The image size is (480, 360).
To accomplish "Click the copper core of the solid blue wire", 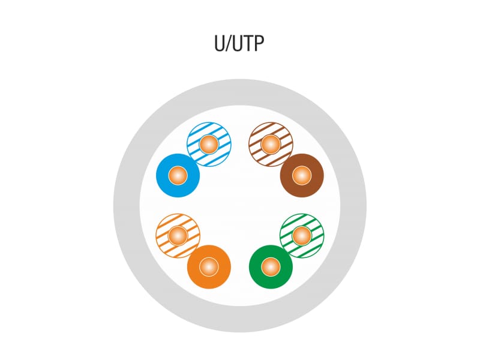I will [x=178, y=176].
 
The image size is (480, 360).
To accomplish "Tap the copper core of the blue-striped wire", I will [x=208, y=144].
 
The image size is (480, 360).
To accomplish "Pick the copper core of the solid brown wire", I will [x=302, y=176].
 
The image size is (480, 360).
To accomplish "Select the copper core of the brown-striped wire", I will [x=271, y=144].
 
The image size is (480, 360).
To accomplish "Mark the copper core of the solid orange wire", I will [x=208, y=266].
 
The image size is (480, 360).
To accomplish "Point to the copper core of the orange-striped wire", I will [x=178, y=235].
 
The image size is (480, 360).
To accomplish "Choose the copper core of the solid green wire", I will [x=271, y=266].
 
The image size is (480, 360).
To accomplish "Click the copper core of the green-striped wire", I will [x=302, y=235].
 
